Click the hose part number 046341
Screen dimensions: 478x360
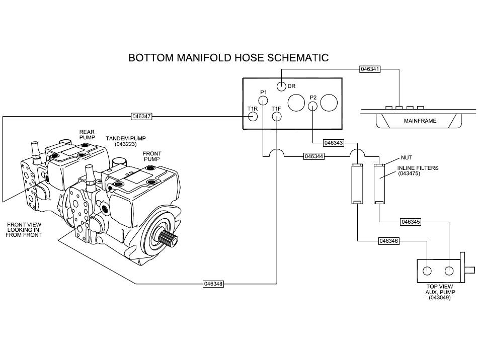pos(370,69)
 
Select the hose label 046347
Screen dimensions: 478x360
pos(141,116)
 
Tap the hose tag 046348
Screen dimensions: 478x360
pos(213,284)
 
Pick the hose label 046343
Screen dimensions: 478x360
pos(334,142)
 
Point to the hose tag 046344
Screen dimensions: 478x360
pos(314,156)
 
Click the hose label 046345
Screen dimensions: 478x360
pos(411,222)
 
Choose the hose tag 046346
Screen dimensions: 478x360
pos(388,241)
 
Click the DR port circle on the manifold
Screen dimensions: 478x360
pos(281,86)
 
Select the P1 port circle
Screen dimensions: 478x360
pos(263,100)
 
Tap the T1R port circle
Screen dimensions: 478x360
pos(253,116)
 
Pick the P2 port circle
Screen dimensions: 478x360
pos(313,106)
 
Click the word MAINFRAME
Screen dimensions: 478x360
pos(420,121)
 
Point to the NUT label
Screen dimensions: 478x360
pos(407,157)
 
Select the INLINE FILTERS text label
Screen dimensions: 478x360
pos(418,168)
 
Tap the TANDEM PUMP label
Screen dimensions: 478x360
pos(126,138)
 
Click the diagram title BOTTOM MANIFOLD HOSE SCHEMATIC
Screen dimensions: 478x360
pos(228,57)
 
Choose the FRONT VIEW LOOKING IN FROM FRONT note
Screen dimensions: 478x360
pos(24,230)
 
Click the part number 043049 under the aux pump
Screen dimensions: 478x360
pos(439,298)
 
